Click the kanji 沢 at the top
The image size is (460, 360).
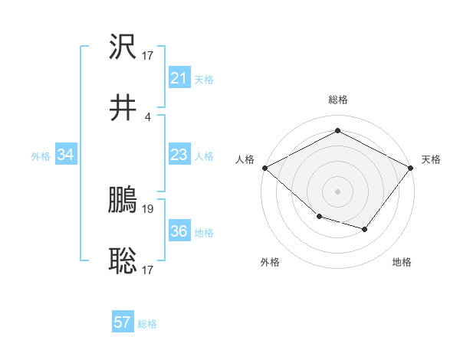[123, 47]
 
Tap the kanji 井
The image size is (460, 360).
[123, 108]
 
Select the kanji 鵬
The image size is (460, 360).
[123, 201]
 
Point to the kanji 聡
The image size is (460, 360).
[123, 261]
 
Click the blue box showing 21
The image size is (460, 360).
[179, 78]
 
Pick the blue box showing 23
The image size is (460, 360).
[179, 155]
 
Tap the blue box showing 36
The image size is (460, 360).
[179, 232]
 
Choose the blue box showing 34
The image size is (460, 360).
[66, 155]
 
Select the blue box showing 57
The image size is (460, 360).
[123, 322]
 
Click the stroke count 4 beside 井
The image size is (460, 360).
[148, 116]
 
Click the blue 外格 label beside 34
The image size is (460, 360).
[41, 156]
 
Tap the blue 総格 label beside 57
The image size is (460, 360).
[147, 324]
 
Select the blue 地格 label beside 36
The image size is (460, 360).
[204, 233]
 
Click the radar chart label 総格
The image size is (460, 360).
[337, 100]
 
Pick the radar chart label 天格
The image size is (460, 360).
[432, 159]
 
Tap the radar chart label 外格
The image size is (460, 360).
[270, 262]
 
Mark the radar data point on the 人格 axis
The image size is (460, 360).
[264, 167]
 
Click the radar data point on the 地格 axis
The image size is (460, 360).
[365, 229]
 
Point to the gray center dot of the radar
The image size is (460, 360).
[337, 191]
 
